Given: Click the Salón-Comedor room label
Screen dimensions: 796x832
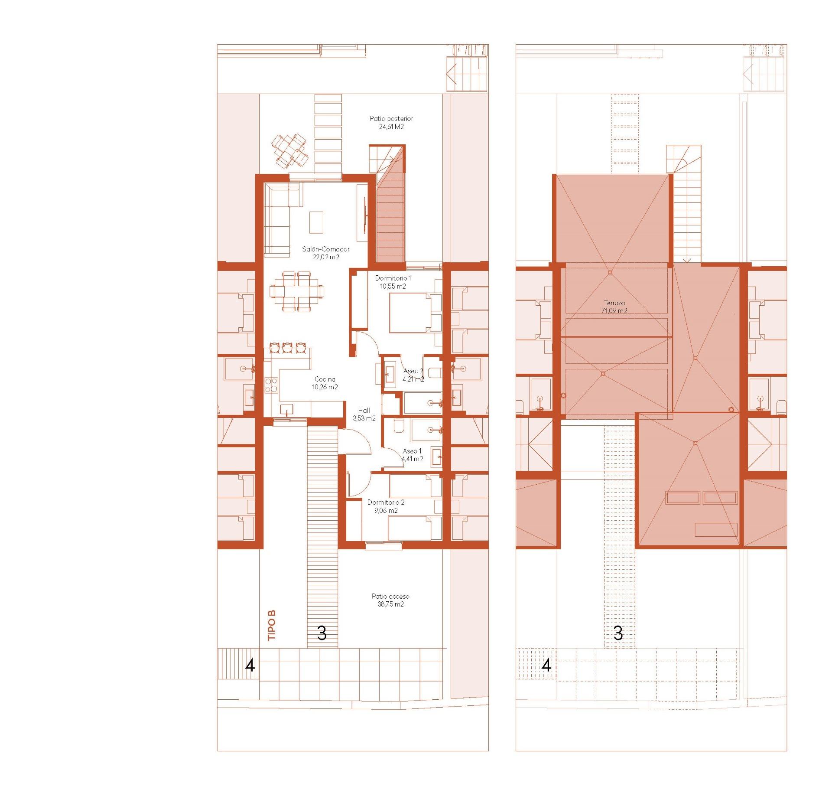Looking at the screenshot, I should [x=325, y=249].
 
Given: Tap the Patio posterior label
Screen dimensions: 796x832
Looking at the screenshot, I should [x=391, y=118].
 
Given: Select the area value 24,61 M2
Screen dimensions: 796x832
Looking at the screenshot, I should [x=391, y=127].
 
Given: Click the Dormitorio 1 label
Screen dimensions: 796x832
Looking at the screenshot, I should [x=393, y=278].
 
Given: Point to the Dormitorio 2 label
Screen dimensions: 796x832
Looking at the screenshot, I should [x=386, y=502].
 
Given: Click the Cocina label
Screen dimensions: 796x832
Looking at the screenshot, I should [x=325, y=379].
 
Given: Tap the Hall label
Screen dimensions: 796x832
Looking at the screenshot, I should [x=364, y=410].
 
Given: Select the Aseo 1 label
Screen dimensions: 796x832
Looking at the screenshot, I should [x=412, y=451].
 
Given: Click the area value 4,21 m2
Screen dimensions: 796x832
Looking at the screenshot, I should [x=413, y=379].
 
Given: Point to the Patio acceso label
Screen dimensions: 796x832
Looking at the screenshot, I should [x=390, y=596].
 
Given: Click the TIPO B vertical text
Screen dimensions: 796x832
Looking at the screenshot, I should [x=272, y=625].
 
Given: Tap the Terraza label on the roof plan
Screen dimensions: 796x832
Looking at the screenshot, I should [x=614, y=303].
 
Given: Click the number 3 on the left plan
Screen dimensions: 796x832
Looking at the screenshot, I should [x=322, y=633].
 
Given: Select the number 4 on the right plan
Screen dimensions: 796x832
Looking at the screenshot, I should [x=546, y=665].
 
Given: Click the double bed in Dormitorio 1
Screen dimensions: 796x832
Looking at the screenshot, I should [x=414, y=313].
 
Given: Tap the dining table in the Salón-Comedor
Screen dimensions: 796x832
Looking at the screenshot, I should [x=297, y=291].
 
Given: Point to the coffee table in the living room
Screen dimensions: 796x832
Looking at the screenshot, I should [x=316, y=222].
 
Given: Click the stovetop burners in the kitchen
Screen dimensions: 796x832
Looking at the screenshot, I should [x=271, y=385].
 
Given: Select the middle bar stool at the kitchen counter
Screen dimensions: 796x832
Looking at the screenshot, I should [x=287, y=347].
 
